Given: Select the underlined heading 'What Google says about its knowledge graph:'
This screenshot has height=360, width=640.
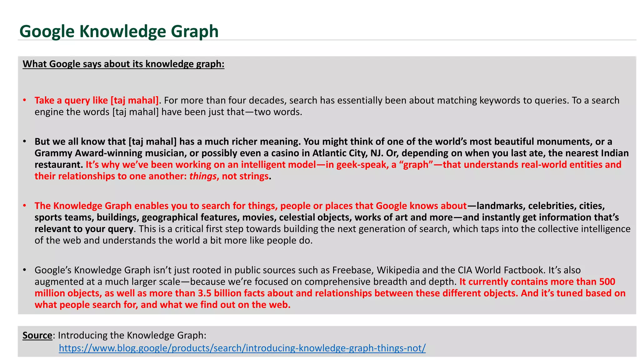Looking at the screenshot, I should tap(123, 64).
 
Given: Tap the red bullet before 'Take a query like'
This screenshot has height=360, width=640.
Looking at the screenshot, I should tap(24, 100).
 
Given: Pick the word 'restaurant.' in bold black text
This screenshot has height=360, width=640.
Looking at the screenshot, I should tap(58, 165).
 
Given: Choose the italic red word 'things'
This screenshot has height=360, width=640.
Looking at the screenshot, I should tap(202, 176).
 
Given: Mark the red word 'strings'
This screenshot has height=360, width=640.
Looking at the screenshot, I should tap(254, 176).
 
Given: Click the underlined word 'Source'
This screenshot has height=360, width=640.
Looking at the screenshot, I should tap(37, 335).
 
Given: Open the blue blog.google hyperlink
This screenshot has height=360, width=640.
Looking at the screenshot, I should tap(242, 348).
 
